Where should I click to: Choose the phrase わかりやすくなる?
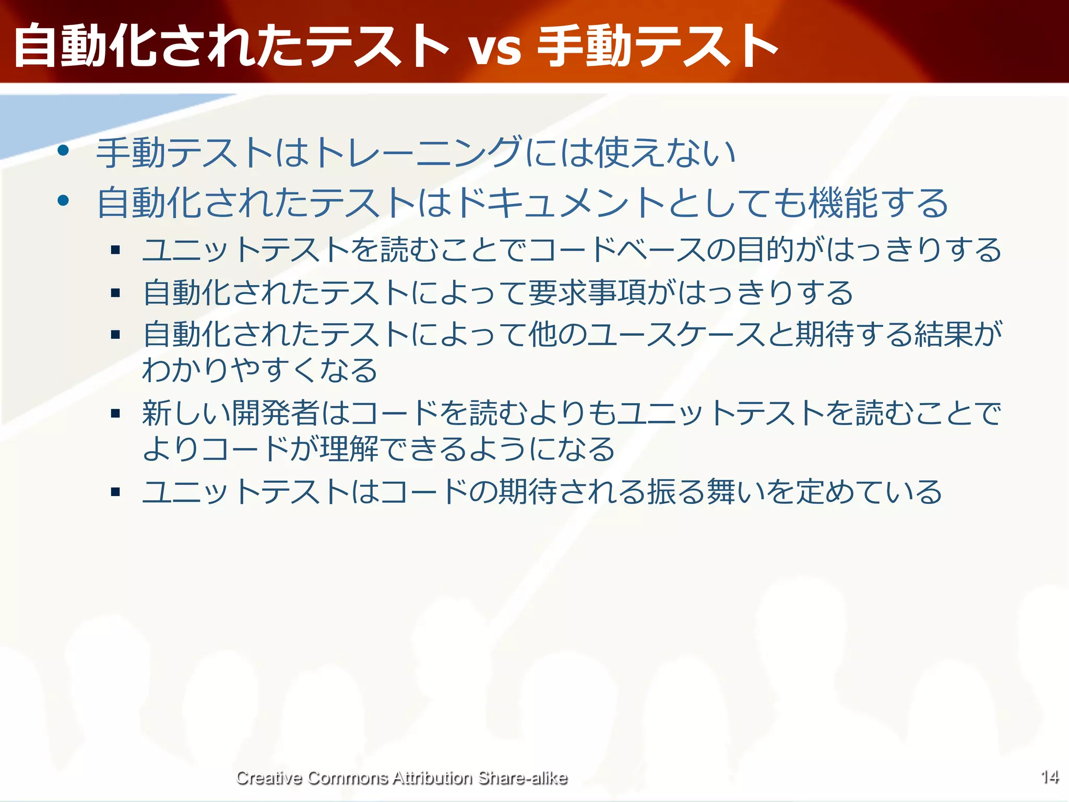(x=260, y=370)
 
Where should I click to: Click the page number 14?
(x=1050, y=777)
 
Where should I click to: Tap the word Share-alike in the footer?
(x=522, y=778)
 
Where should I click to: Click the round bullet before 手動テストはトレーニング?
(x=64, y=151)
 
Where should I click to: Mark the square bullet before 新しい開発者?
(x=116, y=414)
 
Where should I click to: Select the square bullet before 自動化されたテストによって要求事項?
(x=116, y=293)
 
